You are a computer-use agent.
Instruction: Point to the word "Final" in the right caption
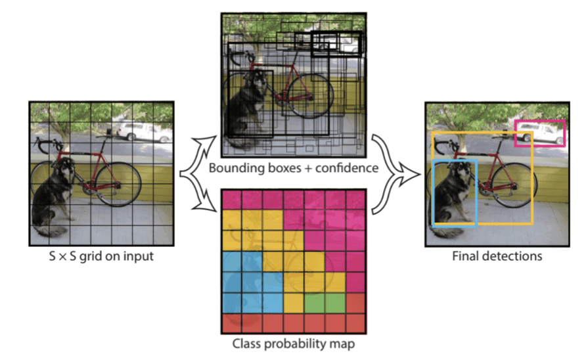click(x=465, y=256)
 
